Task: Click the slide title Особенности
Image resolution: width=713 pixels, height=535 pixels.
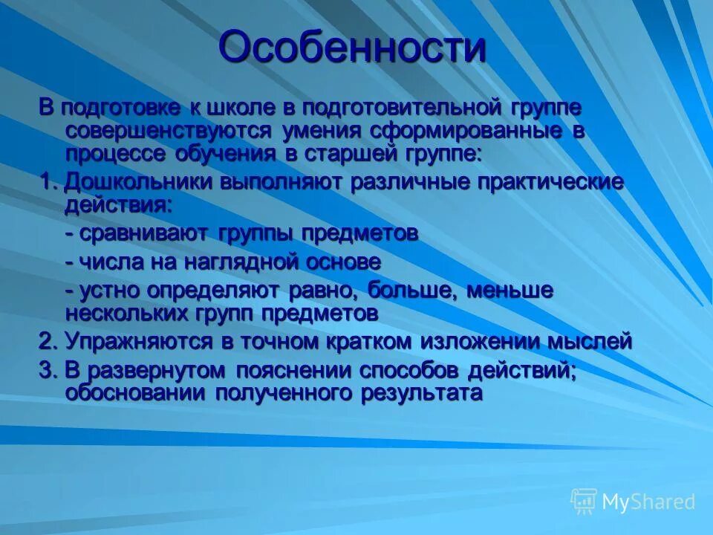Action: (353, 48)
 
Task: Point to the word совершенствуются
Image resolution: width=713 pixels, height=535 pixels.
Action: (169, 131)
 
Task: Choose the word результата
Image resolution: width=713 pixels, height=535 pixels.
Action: (422, 392)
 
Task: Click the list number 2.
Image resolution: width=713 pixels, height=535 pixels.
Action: (46, 341)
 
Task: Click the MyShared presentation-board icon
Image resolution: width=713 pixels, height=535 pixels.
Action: (584, 502)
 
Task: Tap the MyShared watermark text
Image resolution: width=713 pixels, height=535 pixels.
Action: (648, 502)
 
